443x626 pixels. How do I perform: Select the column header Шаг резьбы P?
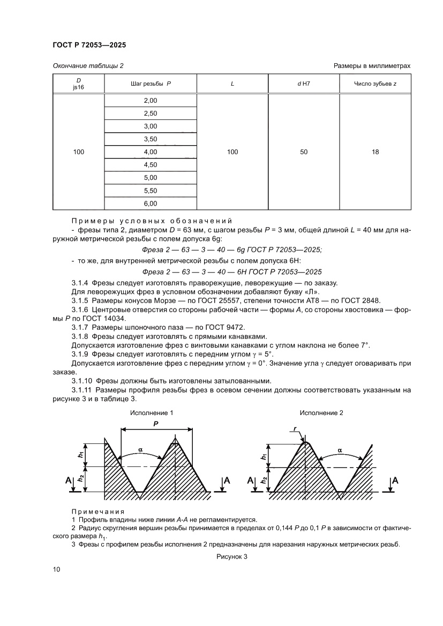[x=151, y=84]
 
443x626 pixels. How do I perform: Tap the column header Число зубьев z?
[x=375, y=84]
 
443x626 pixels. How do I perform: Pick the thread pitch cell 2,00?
[x=151, y=101]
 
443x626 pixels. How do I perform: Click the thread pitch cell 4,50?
[x=151, y=165]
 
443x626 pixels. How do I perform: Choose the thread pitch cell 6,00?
[x=151, y=203]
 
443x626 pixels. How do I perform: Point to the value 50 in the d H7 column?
[x=304, y=152]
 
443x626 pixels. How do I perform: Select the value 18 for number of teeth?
[x=375, y=152]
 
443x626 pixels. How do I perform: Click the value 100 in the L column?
[x=232, y=152]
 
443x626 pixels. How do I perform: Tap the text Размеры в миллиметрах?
[x=372, y=65]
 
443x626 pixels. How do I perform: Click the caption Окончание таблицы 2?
[x=88, y=65]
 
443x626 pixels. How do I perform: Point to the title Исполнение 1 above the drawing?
[x=152, y=413]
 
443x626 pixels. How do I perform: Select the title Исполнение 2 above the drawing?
[x=321, y=413]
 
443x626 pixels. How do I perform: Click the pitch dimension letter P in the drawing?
[x=156, y=423]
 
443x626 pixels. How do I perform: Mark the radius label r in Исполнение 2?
[x=296, y=428]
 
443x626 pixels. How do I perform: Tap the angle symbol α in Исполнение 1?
[x=140, y=451]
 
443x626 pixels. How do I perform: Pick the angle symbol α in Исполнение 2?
[x=339, y=450]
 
